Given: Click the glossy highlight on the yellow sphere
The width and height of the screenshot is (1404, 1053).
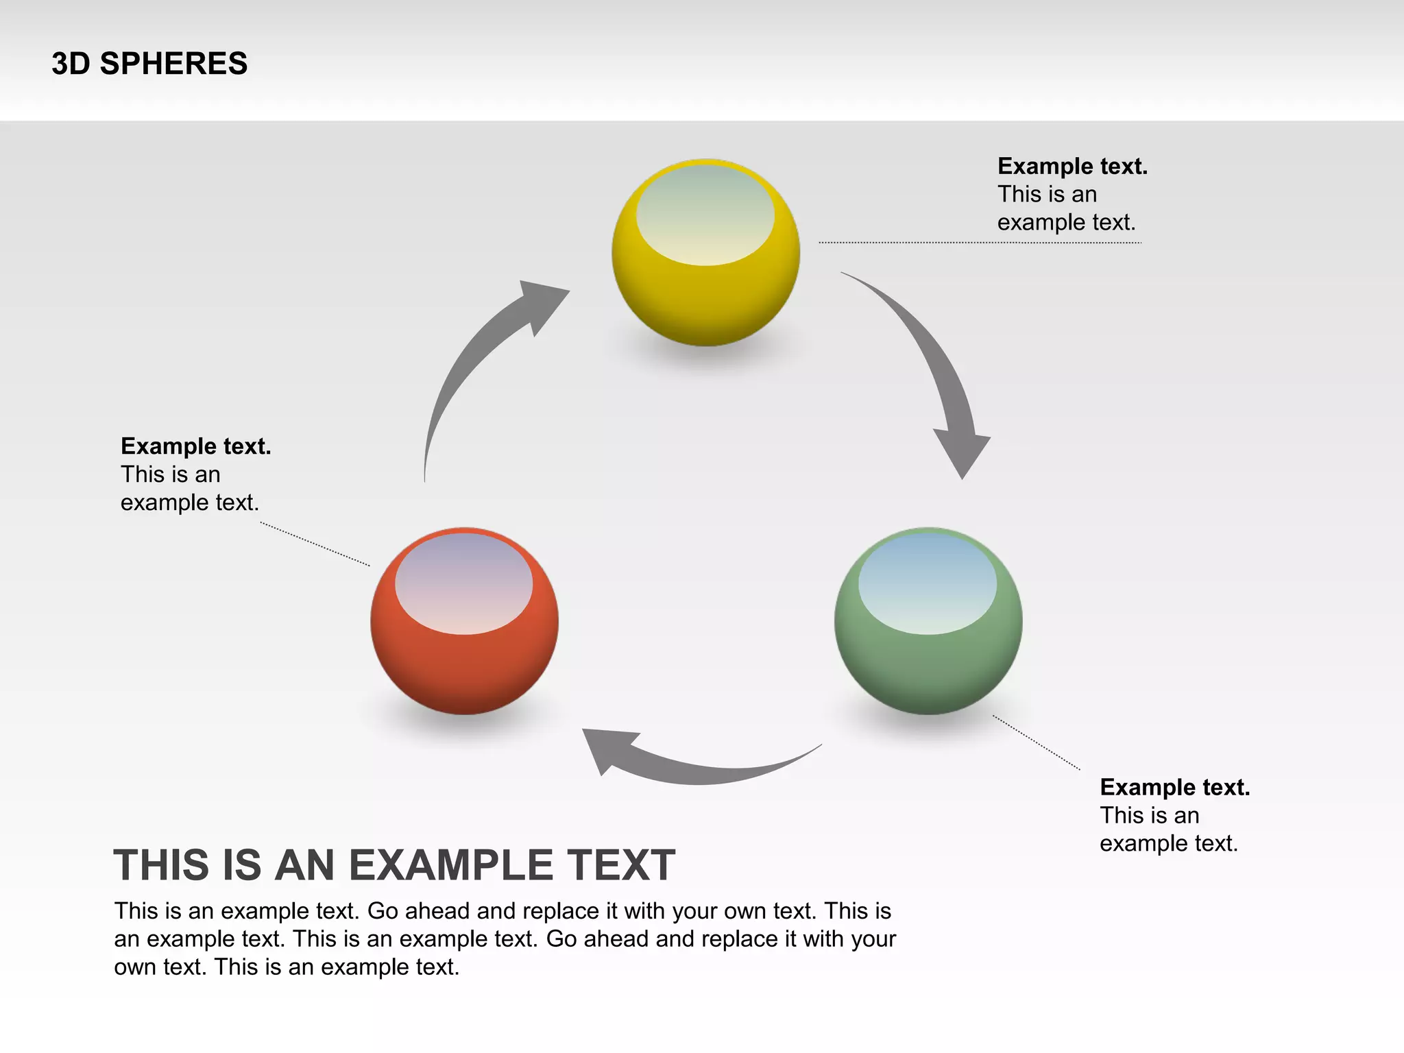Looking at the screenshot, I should pyautogui.click(x=705, y=215).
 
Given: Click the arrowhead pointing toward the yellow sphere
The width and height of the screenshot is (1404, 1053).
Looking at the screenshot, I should pyautogui.click(x=542, y=302).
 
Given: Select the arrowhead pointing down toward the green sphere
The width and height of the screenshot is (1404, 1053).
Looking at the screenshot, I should pyautogui.click(x=963, y=452).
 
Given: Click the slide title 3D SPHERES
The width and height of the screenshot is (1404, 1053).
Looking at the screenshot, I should pyautogui.click(x=149, y=64).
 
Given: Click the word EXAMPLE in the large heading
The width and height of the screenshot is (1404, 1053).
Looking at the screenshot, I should pyautogui.click(x=444, y=865).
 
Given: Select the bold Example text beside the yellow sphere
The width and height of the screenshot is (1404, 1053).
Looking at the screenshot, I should pyautogui.click(x=1072, y=167).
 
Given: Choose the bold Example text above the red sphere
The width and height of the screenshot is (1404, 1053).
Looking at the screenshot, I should pyautogui.click(x=196, y=446).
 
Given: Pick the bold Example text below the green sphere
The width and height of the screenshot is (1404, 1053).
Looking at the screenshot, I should pyautogui.click(x=1175, y=787).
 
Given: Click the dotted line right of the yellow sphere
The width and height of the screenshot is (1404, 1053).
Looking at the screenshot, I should pyautogui.click(x=980, y=242).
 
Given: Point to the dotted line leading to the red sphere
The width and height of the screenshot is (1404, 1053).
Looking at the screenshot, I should pyautogui.click(x=315, y=544).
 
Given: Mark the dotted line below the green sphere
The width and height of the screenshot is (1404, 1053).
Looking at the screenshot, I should pyautogui.click(x=1037, y=742).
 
